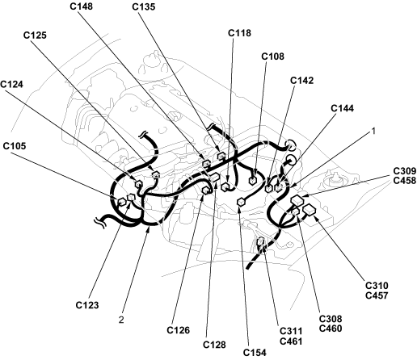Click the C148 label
[81, 6]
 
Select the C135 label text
[144, 6]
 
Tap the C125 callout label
[35, 36]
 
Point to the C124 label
[12, 84]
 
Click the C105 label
[15, 146]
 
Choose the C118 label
[239, 33]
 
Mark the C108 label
[273, 57]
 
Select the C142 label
[302, 81]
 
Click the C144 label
[343, 108]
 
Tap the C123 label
[87, 305]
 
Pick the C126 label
[179, 330]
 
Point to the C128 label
[214, 345]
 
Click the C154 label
[255, 353]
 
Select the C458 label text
[405, 181]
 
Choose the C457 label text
[377, 295]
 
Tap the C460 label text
[331, 329]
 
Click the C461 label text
[291, 341]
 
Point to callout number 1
[373, 131]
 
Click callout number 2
[121, 320]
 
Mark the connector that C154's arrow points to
[241, 202]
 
